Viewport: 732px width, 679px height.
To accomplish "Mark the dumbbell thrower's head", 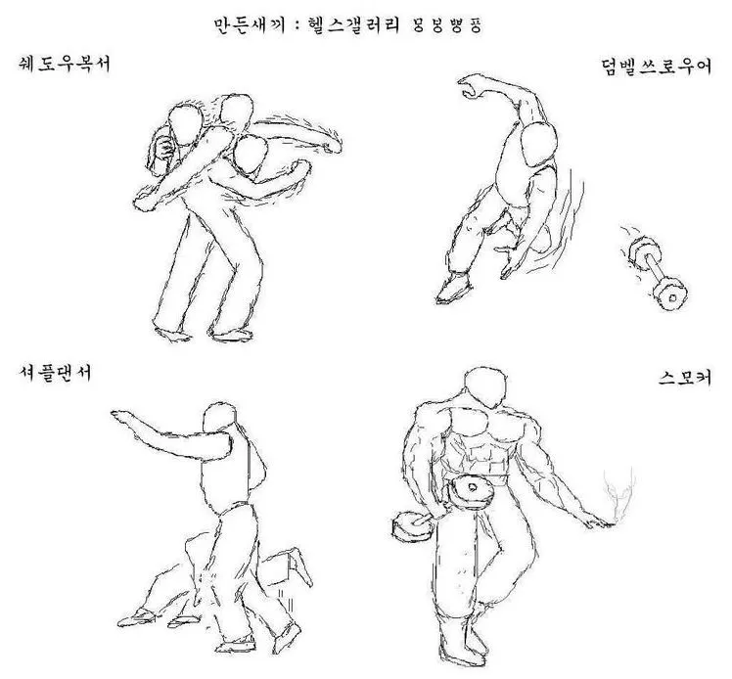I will pos(537,145).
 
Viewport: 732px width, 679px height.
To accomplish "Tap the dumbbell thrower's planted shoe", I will pos(453,287).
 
